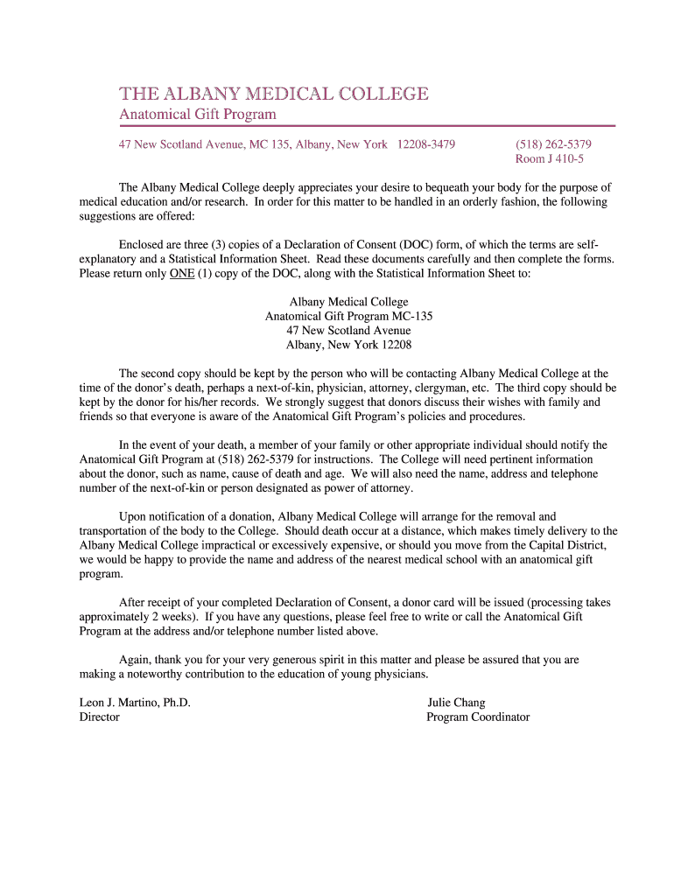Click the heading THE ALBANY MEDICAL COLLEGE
[x=274, y=94]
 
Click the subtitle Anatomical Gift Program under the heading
[x=197, y=115]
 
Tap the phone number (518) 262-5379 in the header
[x=553, y=143]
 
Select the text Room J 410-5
[x=550, y=158]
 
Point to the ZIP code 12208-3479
[x=425, y=143]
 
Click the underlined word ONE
[x=182, y=273]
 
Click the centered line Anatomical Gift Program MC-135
[x=348, y=317]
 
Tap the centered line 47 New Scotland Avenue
[x=348, y=331]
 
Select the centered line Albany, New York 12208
[x=348, y=345]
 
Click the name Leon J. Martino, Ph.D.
[x=135, y=703]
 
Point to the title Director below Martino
[x=99, y=717]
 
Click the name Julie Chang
[x=456, y=703]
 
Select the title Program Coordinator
[x=478, y=717]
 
